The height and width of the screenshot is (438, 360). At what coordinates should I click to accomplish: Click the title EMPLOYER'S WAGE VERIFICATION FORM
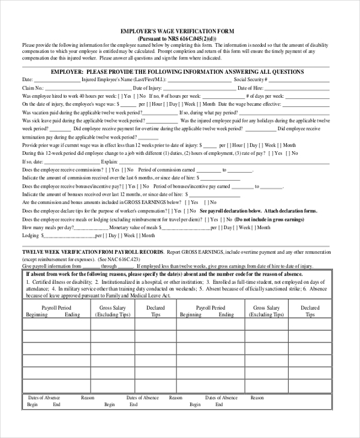click(177, 31)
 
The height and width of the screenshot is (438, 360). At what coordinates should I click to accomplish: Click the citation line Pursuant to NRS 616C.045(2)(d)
click(177, 38)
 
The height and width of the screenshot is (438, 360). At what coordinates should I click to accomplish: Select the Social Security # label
click(251, 79)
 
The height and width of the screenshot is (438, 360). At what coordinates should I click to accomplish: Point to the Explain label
click(109, 161)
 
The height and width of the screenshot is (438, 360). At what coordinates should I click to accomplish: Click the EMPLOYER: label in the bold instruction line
click(67, 71)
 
